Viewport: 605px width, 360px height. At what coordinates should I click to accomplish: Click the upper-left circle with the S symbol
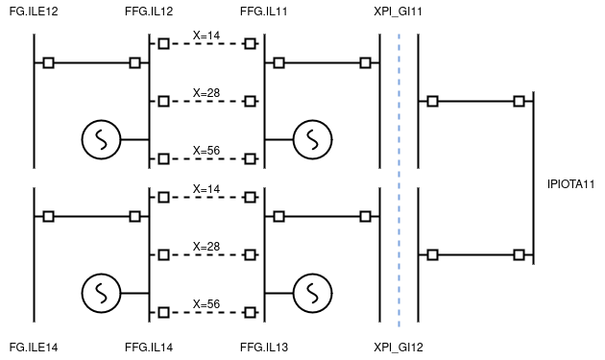101,139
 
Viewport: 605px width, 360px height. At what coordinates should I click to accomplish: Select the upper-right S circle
312,139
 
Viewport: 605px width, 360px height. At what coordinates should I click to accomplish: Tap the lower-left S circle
101,293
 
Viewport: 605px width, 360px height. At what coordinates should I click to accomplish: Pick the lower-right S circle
312,293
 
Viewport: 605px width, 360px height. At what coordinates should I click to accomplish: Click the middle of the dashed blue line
399,180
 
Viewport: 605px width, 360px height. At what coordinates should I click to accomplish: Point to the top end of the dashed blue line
399,35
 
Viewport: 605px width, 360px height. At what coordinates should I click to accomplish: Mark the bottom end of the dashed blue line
399,326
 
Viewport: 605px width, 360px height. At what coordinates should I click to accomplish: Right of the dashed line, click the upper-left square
432,101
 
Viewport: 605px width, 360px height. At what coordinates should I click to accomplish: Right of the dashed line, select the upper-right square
519,101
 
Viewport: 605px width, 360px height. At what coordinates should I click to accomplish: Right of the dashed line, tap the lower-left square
432,254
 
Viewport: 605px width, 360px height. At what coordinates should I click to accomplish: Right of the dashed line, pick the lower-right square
519,254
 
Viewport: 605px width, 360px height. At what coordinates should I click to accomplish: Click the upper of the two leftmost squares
48,62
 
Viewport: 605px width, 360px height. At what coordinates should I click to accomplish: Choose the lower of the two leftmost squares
48,216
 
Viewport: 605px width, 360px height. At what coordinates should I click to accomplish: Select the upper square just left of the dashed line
365,62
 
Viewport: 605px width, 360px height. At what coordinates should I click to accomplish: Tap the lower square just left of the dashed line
365,216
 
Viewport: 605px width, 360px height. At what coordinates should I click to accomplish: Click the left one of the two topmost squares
163,43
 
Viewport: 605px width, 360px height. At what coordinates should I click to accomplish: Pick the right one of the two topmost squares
250,43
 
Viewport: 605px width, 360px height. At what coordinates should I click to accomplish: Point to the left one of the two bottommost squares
163,312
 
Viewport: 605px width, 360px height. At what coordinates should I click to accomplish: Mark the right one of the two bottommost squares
250,312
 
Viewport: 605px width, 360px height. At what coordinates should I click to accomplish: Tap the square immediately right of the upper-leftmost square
134,62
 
